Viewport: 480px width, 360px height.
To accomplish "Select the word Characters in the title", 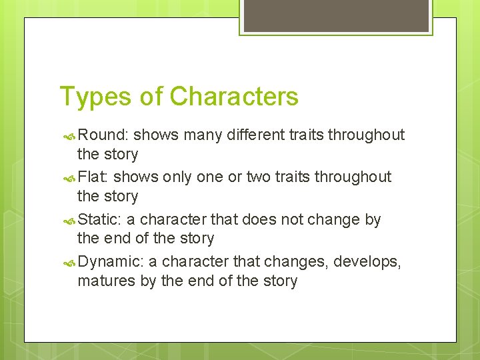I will click(x=234, y=97).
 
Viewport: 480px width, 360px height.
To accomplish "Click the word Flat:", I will click(x=93, y=177).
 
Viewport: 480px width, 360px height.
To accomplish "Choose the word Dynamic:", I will click(x=109, y=261).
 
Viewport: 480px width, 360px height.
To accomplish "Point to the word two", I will click(x=261, y=177).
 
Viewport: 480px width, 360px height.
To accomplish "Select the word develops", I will click(x=365, y=261).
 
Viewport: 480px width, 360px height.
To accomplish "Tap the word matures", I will click(x=107, y=281).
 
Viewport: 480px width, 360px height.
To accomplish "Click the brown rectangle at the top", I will click(x=336, y=15).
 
